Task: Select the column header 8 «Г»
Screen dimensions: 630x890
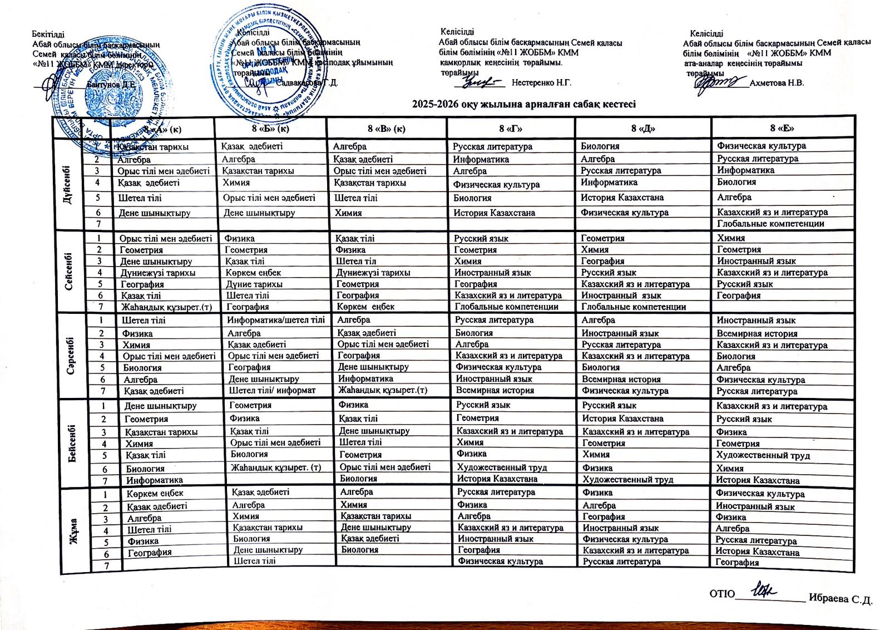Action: pos(510,129)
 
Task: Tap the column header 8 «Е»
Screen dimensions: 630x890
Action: pos(782,128)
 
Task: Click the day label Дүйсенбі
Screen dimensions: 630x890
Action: pos(68,185)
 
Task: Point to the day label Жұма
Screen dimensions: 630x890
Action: pos(73,531)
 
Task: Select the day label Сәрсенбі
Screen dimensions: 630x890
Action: pos(71,355)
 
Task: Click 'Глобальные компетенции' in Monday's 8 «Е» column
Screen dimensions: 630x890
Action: pos(770,224)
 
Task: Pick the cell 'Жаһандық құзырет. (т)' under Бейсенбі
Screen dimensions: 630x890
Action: pos(276,467)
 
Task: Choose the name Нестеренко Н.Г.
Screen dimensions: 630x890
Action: pos(541,83)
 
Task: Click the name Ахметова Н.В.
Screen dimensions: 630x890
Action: pos(777,83)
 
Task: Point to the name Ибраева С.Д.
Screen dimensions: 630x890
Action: pos(840,599)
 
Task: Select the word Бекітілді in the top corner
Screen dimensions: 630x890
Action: pos(48,35)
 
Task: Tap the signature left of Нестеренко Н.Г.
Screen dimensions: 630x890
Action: pos(479,82)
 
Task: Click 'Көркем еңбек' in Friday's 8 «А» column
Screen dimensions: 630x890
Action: pos(155,494)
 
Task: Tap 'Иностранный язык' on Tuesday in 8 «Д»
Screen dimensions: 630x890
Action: pos(621,296)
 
